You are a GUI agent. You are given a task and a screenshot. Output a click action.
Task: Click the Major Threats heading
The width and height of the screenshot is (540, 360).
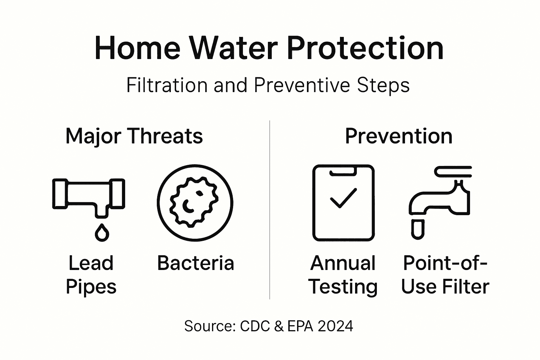pyautogui.click(x=134, y=136)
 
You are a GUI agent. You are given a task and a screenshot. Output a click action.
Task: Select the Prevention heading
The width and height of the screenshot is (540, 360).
pyautogui.click(x=398, y=136)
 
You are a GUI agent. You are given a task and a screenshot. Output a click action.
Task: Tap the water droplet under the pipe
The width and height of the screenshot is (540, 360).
pyautogui.click(x=102, y=232)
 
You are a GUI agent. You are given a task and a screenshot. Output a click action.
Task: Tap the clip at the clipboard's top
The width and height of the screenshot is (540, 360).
pyautogui.click(x=343, y=171)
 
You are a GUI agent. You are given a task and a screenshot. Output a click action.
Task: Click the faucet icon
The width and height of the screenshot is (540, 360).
pyautogui.click(x=439, y=202)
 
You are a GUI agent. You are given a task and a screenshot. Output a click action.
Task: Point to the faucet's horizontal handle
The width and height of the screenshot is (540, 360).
pyautogui.click(x=453, y=172)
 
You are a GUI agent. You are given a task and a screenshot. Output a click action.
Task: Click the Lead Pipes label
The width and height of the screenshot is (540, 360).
pyautogui.click(x=91, y=275)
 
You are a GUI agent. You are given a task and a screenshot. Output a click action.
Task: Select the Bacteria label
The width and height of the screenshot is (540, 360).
pyautogui.click(x=195, y=263)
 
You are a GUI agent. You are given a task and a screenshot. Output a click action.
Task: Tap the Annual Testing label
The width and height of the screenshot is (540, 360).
pyautogui.click(x=343, y=275)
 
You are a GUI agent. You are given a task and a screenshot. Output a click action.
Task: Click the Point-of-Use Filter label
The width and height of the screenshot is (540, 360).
pyautogui.click(x=445, y=275)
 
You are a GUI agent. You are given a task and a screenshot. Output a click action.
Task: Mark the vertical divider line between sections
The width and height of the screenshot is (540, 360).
pyautogui.click(x=270, y=211)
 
